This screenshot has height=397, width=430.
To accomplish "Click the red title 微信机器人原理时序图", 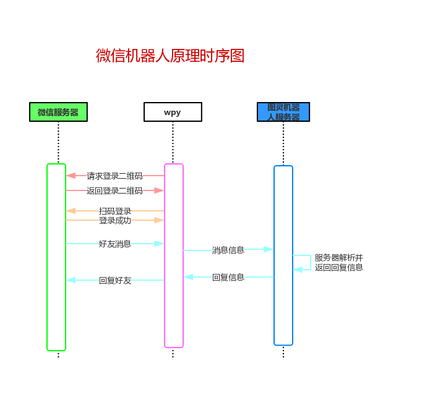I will [170, 56].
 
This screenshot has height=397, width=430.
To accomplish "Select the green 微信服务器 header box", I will [58, 112].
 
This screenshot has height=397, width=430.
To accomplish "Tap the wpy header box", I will [173, 112].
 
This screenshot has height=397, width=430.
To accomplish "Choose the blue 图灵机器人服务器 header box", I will [283, 112].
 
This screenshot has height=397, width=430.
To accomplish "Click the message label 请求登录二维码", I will [114, 176].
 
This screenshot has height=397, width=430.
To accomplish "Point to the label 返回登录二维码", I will [114, 190].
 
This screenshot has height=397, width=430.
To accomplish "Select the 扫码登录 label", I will [115, 211].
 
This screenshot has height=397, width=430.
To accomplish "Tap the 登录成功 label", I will [115, 220].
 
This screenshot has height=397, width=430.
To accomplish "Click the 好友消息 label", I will [115, 244].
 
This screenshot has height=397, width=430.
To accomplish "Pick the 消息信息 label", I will [228, 250].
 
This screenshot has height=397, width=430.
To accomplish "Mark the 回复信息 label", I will [228, 277].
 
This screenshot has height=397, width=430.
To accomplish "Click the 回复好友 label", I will [115, 280].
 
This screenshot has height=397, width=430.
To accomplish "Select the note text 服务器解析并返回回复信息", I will [338, 262].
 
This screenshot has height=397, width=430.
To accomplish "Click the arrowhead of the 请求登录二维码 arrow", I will [71, 176].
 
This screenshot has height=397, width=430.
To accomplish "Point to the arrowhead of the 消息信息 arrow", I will [269, 249].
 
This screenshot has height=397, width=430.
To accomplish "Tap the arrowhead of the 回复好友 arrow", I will [71, 280].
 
